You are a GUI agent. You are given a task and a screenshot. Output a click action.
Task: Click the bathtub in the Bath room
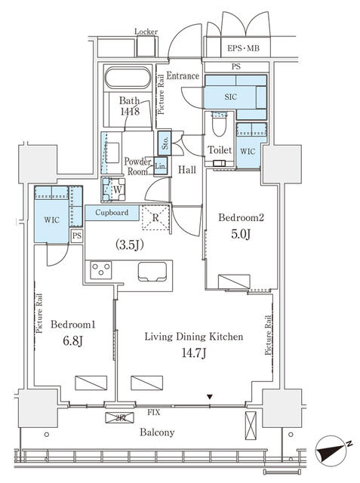[x=128, y=78]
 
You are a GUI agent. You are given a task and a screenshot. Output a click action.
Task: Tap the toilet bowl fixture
[x=220, y=124]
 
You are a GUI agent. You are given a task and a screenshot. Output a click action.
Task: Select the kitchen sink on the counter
[x=152, y=272]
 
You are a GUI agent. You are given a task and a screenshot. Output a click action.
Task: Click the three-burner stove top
[x=101, y=270]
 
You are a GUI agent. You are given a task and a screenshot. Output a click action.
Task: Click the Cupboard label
[x=112, y=213]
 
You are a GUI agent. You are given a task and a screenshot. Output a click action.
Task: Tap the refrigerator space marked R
[x=155, y=218]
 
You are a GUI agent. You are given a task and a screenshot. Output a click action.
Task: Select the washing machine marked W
[x=114, y=189]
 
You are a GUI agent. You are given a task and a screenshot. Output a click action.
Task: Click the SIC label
[x=231, y=97]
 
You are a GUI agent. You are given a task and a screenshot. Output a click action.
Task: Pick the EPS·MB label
[x=243, y=48]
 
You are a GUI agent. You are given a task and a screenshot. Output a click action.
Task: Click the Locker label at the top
[x=146, y=32]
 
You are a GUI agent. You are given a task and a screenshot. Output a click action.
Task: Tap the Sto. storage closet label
[x=165, y=143]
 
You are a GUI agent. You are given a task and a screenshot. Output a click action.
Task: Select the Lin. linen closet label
[x=161, y=166]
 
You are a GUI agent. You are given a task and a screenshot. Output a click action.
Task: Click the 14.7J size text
[x=194, y=353]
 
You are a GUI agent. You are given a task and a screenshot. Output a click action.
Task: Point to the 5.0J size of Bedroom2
[x=241, y=234]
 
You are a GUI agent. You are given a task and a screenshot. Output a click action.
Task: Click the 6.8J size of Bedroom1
[x=72, y=341]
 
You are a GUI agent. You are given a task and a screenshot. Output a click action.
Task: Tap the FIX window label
[x=153, y=412]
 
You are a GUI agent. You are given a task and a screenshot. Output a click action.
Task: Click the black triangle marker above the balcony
[x=210, y=398]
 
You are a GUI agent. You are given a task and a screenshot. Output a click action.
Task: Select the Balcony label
[x=157, y=432]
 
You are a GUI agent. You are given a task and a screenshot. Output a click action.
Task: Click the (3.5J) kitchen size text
[x=130, y=245]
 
